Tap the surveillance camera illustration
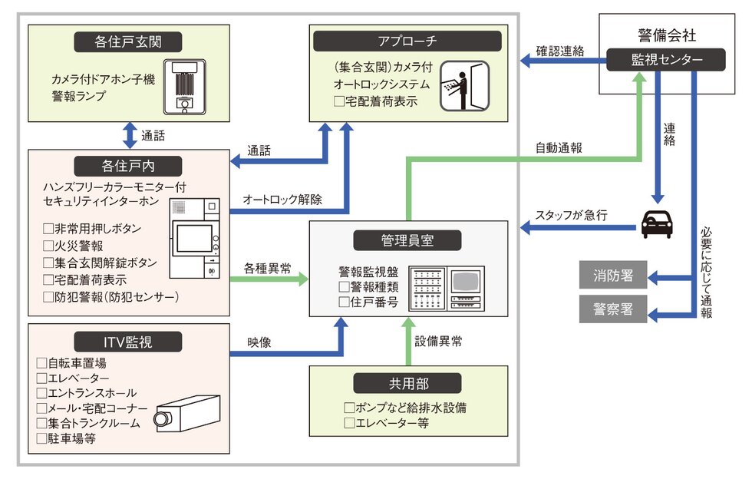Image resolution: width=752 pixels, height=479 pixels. point(186,412)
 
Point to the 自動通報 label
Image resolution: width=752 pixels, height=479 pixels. point(558,149)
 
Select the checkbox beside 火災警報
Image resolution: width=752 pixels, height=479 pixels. point(49,246)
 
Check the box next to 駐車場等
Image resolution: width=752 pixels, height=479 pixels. point(42,439)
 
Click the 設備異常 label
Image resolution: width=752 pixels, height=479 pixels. point(439,342)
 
